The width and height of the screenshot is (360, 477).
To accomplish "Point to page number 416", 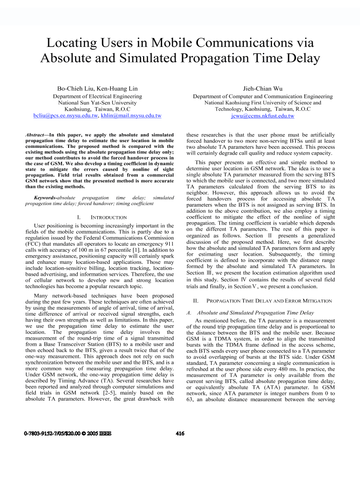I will coord(180,446).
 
